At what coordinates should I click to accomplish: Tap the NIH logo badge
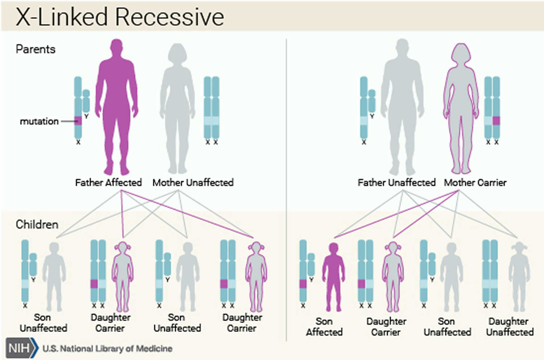coord(21,348)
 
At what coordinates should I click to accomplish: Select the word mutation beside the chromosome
coord(39,121)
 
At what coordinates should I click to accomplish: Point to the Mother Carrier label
coord(475,182)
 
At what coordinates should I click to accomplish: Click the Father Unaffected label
coord(396,182)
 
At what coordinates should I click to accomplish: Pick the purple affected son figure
coord(333,277)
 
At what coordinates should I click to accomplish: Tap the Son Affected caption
coord(324,327)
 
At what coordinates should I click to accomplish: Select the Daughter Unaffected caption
coord(510,327)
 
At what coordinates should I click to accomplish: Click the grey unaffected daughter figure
coord(519,277)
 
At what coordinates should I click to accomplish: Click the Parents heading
coord(36,49)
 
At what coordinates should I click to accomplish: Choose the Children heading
coord(37,224)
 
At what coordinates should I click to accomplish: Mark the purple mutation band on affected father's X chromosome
coord(78,121)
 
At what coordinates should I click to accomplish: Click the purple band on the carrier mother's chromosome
coord(496,121)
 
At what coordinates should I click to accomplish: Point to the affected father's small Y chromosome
coord(86,102)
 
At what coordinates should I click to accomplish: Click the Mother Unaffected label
coord(193,182)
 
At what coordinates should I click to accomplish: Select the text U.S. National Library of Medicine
coord(107,349)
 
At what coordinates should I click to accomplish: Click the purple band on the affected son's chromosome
coord(303,284)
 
